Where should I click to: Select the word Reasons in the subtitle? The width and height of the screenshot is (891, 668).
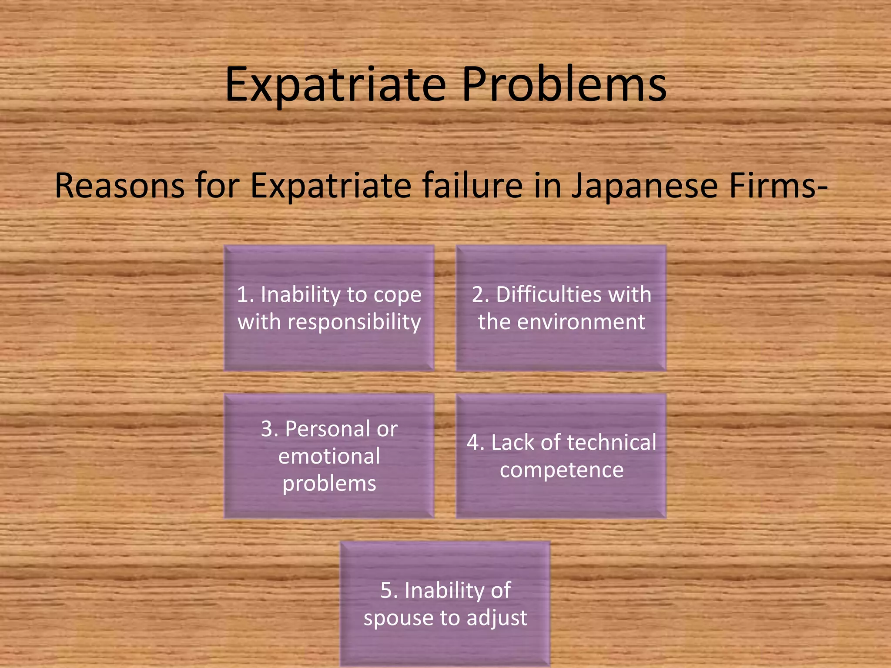point(119,186)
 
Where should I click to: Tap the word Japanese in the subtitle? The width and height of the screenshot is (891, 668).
point(644,186)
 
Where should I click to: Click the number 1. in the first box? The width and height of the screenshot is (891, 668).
point(245,295)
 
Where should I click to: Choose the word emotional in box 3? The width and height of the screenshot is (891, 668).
point(329,457)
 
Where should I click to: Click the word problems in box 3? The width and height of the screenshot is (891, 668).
point(329,484)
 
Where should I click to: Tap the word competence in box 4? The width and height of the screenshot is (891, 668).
point(562,470)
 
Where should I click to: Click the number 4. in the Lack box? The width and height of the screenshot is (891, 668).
point(476,443)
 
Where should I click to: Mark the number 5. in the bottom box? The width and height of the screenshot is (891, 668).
point(389,591)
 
